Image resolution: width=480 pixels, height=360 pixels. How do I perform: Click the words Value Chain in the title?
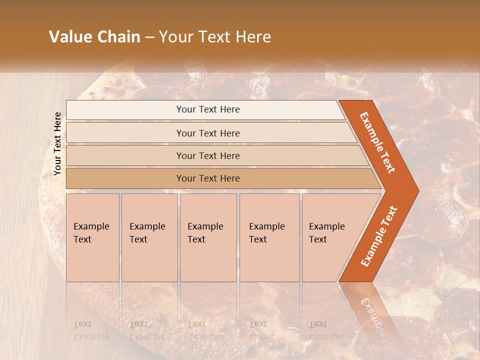[x=94, y=37]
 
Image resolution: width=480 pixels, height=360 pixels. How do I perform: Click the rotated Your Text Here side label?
[x=57, y=144]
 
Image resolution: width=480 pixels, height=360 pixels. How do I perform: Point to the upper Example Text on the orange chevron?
[x=377, y=142]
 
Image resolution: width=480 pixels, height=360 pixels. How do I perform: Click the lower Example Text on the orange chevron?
[x=379, y=236]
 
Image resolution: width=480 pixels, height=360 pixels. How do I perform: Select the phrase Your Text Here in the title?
[x=215, y=37]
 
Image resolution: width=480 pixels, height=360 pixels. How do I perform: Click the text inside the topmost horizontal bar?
[x=208, y=109]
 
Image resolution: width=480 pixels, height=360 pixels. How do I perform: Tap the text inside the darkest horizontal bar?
[x=208, y=178]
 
